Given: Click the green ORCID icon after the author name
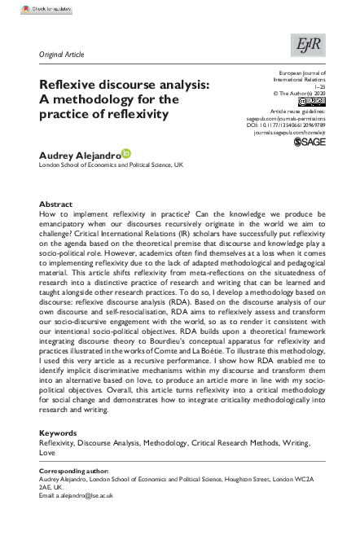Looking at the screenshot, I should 126,153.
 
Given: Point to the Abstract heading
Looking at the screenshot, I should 56,204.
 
